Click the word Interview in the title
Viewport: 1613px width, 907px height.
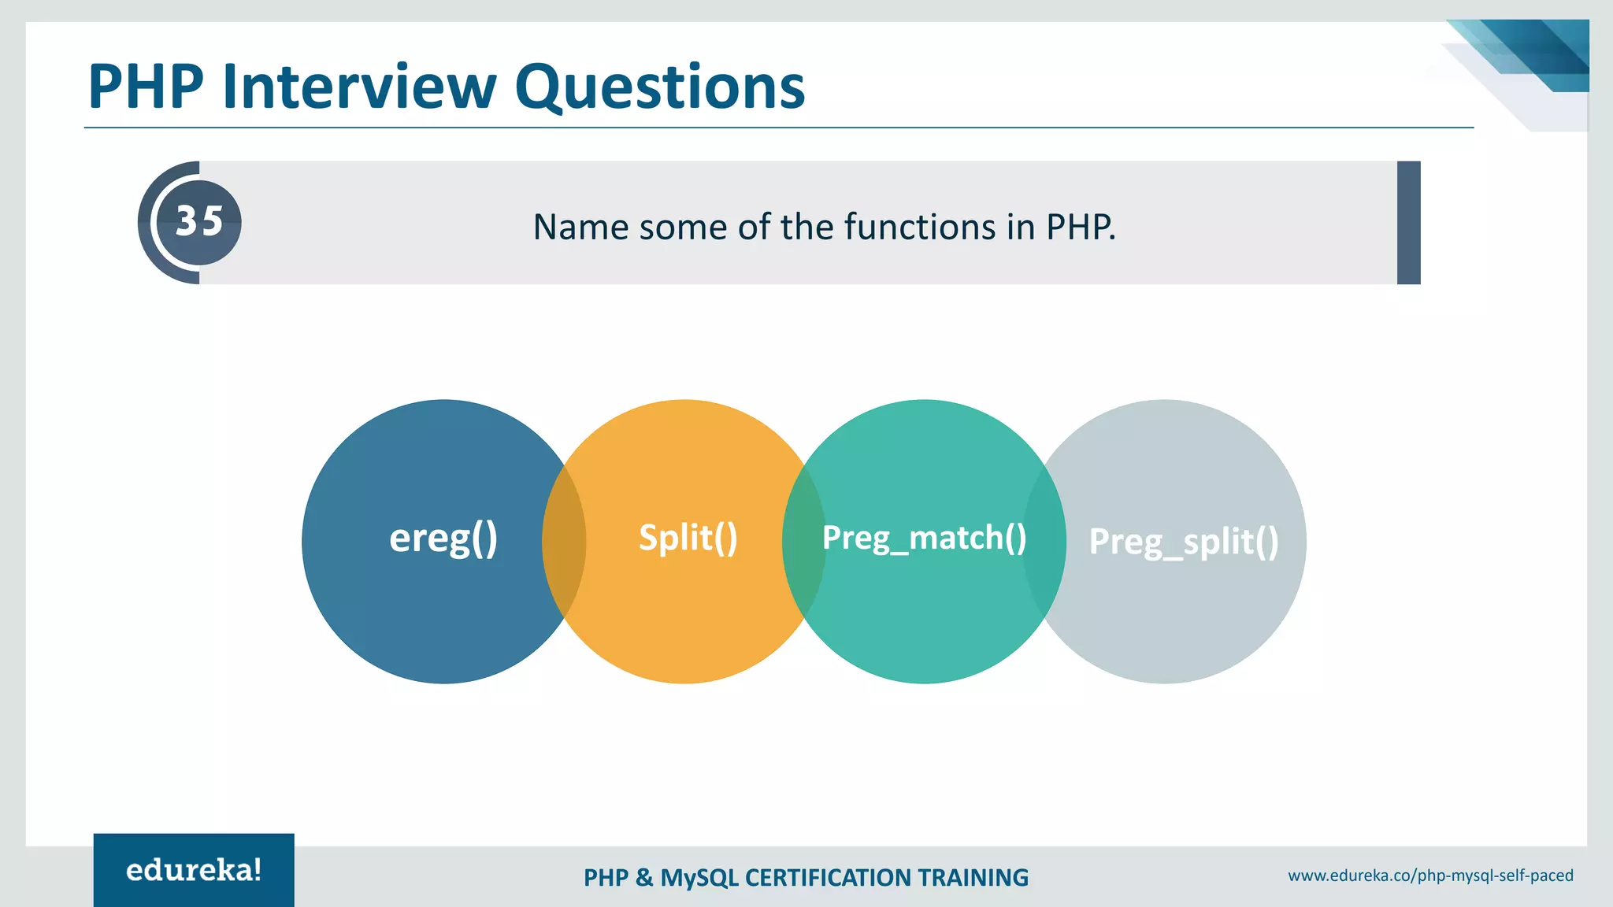(359, 87)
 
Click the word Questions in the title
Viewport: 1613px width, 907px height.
(660, 87)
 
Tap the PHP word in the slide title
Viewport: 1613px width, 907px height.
(146, 87)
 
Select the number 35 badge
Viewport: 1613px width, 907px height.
(198, 222)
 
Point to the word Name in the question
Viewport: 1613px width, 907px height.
(580, 228)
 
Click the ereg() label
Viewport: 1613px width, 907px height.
(443, 539)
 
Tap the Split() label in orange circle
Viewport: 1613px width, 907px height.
(688, 539)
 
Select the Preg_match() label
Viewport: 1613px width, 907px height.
(924, 539)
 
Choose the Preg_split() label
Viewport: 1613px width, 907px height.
(1183, 542)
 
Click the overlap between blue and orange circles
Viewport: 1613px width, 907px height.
(564, 542)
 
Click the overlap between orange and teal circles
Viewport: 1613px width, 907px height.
(803, 542)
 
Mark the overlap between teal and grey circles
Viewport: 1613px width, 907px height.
(1044, 542)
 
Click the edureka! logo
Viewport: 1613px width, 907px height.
(194, 870)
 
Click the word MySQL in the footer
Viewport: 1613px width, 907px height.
(699, 878)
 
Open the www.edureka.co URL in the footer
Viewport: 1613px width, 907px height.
(1430, 876)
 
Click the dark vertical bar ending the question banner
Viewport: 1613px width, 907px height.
(1408, 223)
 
